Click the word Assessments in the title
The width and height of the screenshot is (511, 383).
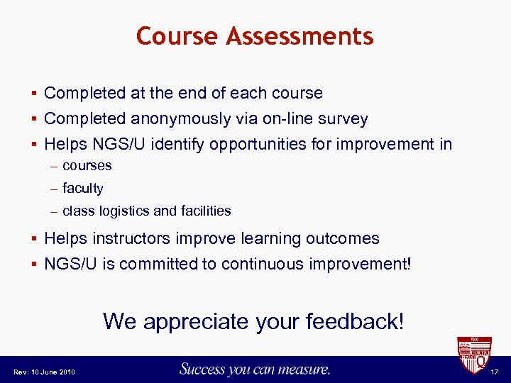coord(300,35)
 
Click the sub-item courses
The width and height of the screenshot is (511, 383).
coord(87,165)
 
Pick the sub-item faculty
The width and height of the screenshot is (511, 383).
coord(83,188)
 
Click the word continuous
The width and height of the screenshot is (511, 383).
coord(262,264)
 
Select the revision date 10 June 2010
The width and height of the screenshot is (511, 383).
coord(53,372)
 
